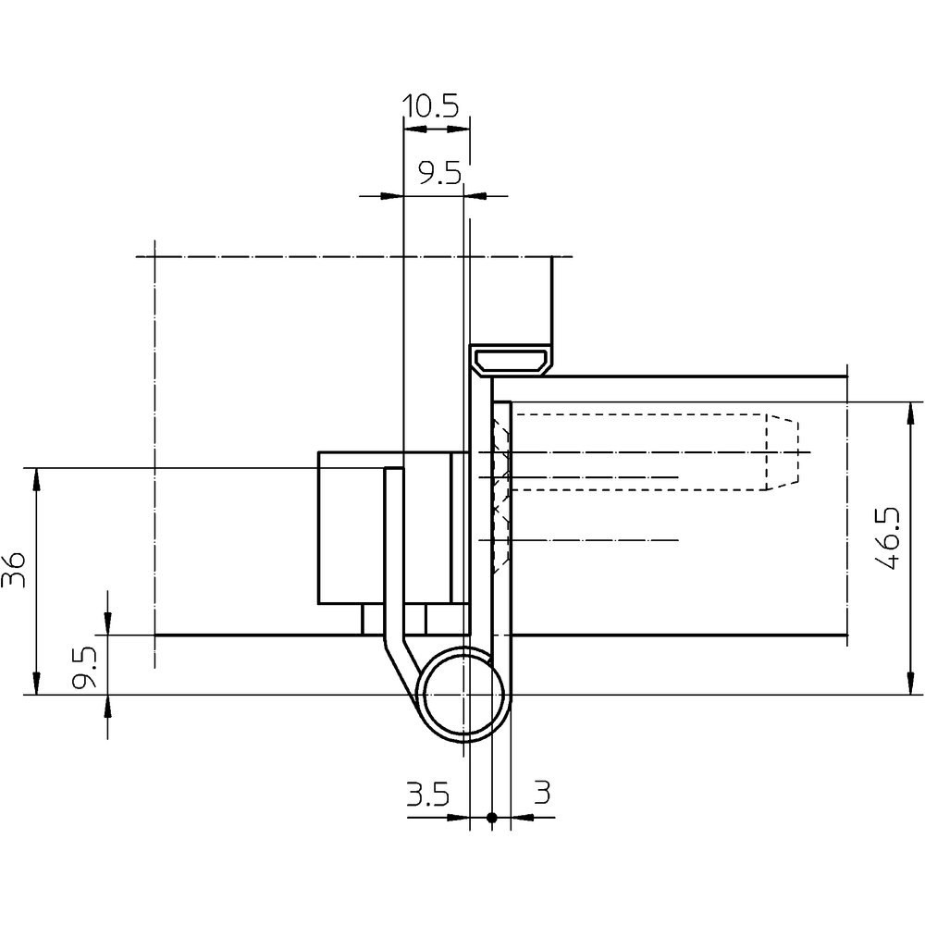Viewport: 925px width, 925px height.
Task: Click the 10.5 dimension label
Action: pyautogui.click(x=430, y=106)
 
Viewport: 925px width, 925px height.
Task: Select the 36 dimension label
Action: pyautogui.click(x=14, y=570)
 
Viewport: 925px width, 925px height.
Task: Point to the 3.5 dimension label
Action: pyautogui.click(x=427, y=794)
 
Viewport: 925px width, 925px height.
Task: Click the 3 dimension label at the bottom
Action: pyautogui.click(x=542, y=793)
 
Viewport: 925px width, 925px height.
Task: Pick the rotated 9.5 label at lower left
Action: pyautogui.click(x=84, y=668)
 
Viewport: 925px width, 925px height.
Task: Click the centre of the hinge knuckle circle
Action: pyautogui.click(x=465, y=696)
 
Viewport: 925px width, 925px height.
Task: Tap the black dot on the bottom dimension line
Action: pyautogui.click(x=492, y=818)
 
